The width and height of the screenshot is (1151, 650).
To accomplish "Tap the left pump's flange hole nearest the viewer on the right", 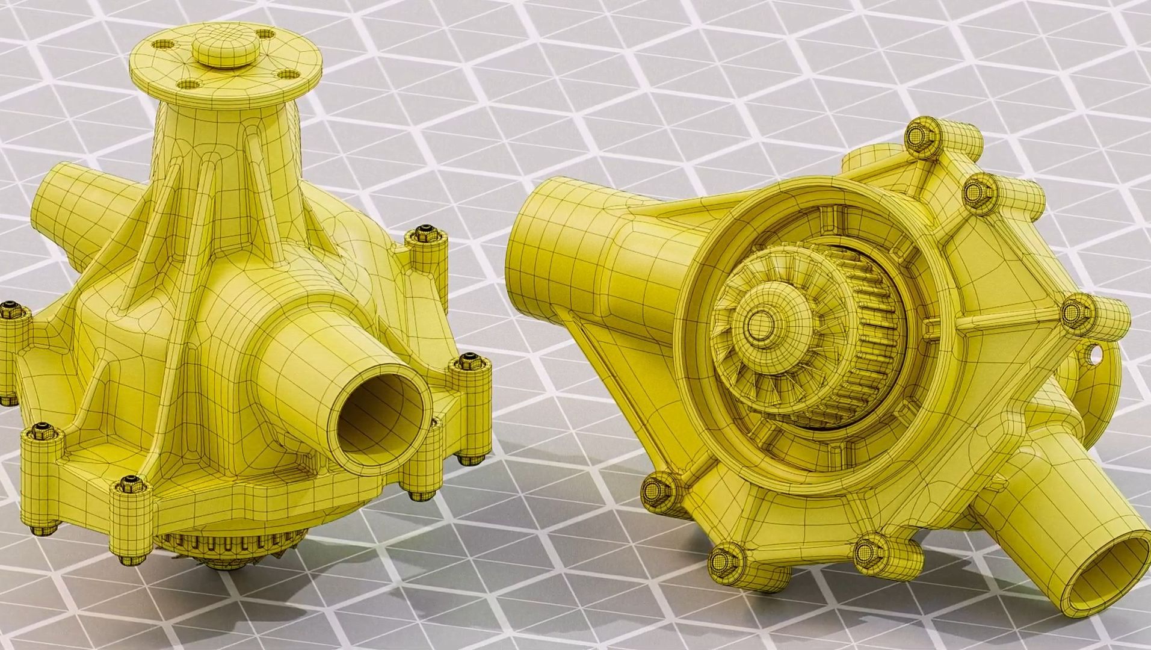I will click(290, 75).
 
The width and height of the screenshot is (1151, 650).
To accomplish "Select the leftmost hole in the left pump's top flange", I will click(162, 45).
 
